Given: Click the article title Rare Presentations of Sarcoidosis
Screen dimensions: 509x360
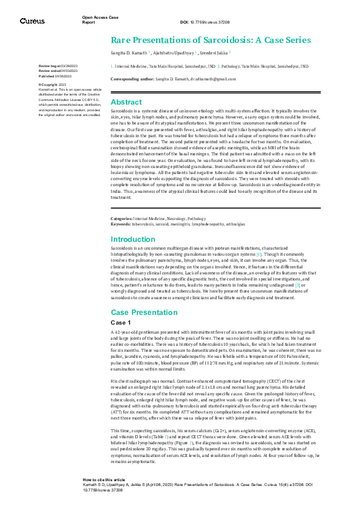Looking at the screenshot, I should [x=211, y=41].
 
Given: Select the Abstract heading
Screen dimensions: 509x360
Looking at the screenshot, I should [x=126, y=102].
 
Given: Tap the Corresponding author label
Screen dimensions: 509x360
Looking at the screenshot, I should [x=130, y=79].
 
